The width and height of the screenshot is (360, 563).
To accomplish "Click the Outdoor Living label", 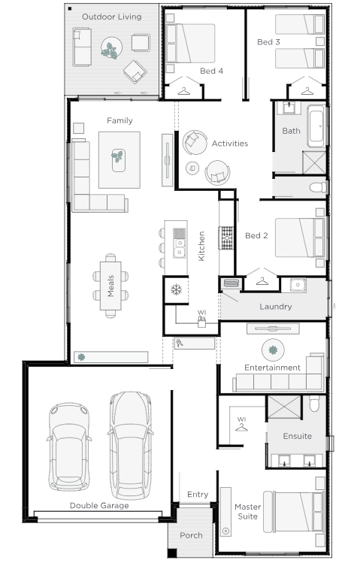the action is (112, 17).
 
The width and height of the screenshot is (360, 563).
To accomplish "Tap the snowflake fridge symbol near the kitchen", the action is (176, 289).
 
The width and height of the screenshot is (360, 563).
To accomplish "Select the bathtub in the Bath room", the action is (316, 126).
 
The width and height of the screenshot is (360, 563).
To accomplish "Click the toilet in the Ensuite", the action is (314, 404).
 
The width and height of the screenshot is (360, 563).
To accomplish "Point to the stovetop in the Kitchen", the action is (225, 238).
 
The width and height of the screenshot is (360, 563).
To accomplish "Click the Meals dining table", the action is (110, 286).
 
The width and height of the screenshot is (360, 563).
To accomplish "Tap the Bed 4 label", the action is (211, 71).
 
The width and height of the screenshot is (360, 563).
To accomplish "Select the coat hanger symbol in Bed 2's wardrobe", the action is (262, 282).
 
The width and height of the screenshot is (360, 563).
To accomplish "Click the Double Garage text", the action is (99, 506).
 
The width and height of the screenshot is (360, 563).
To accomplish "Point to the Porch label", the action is (191, 535).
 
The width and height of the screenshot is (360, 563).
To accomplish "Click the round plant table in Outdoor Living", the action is (111, 48).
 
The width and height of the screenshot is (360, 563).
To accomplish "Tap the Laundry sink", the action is (298, 285).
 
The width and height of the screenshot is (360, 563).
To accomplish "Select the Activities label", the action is (230, 144).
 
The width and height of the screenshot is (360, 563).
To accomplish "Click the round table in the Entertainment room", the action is (273, 350).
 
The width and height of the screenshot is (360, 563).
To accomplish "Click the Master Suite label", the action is (248, 512).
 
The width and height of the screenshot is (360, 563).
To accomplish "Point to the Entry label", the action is (198, 495).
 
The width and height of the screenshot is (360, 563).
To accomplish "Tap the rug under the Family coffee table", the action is (119, 160).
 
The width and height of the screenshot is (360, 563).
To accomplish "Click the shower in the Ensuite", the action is (284, 407).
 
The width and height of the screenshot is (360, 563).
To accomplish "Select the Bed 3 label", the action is (268, 42).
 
